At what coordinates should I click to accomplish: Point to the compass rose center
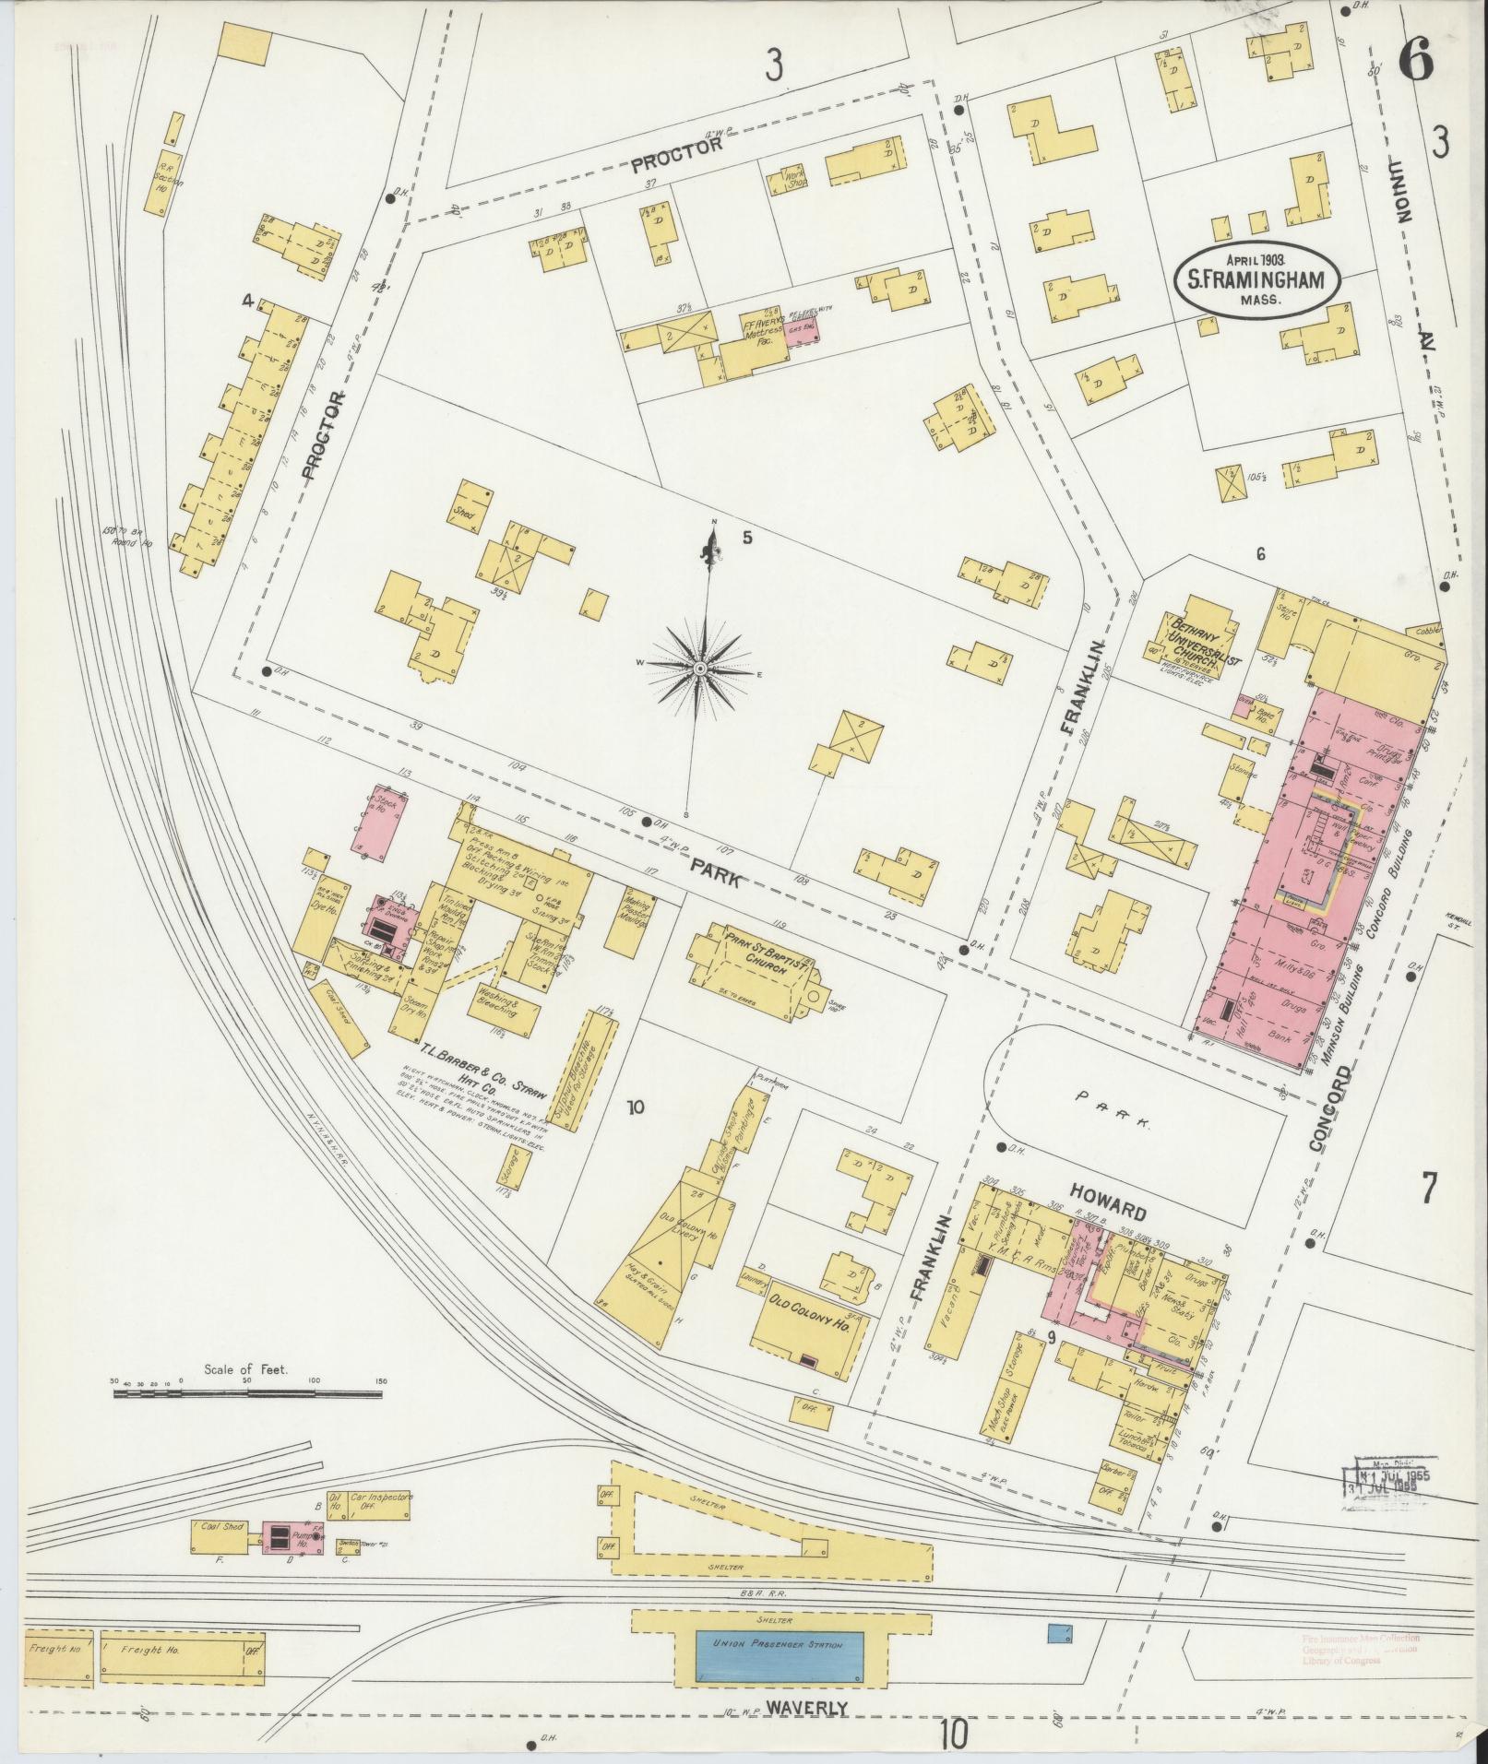tap(700, 666)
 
